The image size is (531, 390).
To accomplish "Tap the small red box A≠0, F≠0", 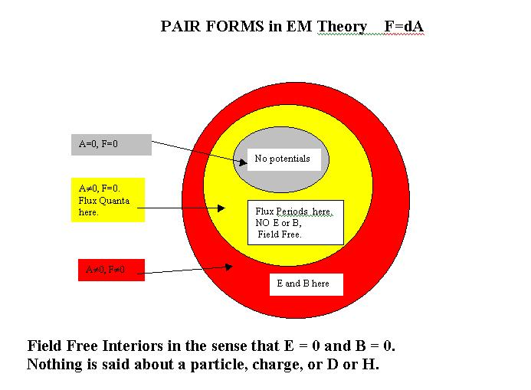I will tap(111, 270).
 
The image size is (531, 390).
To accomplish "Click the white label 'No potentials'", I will tap(283, 159).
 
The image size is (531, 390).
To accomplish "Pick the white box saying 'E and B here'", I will tap(305, 283).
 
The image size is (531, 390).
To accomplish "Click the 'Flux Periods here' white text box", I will tap(295, 222).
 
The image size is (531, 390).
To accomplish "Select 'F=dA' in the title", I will tap(404, 27).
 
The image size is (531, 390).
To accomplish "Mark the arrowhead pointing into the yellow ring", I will tap(225, 208).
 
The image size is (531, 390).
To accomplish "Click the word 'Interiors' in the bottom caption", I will tap(139, 346).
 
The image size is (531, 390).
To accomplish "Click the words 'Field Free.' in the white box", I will tap(280, 234).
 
